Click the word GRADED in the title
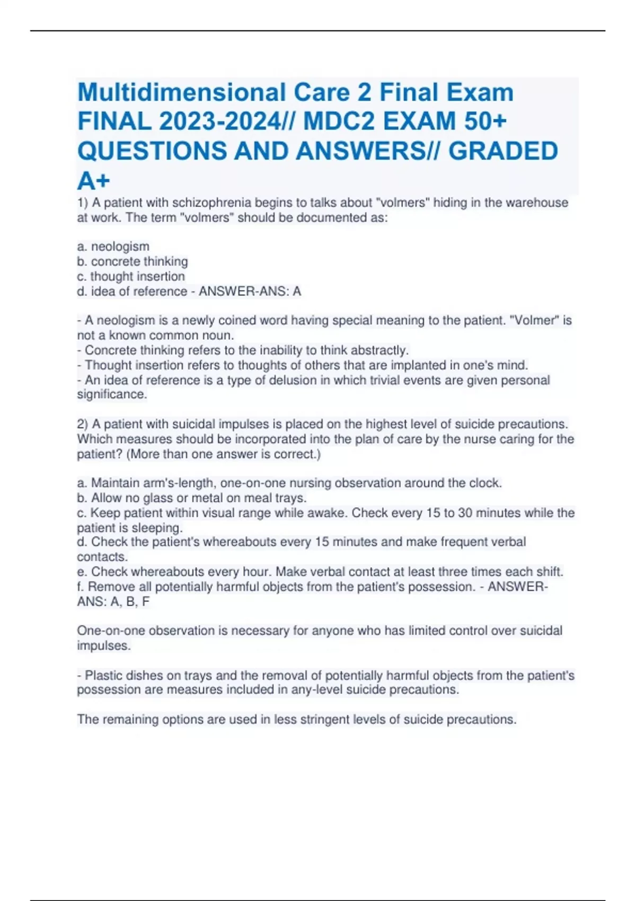(503, 151)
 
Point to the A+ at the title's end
(94, 181)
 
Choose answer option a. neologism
(113, 246)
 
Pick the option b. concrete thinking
(132, 261)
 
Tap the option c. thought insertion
(131, 276)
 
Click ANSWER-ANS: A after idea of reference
(250, 291)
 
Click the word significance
(112, 394)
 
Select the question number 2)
(83, 424)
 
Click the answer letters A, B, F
(130, 602)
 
